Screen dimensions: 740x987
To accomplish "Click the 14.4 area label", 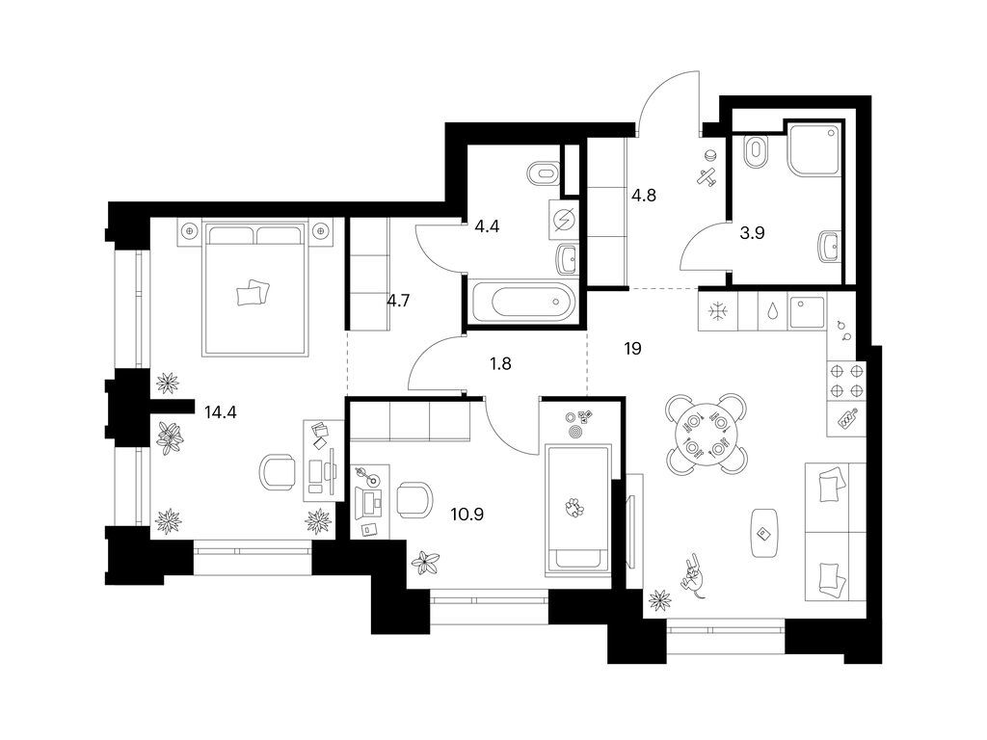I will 220,412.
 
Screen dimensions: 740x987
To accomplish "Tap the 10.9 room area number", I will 467,515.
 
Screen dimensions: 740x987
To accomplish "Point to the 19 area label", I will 632,349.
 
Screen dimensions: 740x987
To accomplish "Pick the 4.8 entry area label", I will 643,194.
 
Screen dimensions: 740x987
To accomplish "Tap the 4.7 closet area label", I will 399,300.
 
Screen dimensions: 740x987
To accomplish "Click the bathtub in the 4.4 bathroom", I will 520,304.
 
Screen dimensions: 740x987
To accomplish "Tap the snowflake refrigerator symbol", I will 716,311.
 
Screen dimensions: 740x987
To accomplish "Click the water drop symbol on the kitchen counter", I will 773,311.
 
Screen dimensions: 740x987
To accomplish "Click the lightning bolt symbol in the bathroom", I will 565,220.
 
